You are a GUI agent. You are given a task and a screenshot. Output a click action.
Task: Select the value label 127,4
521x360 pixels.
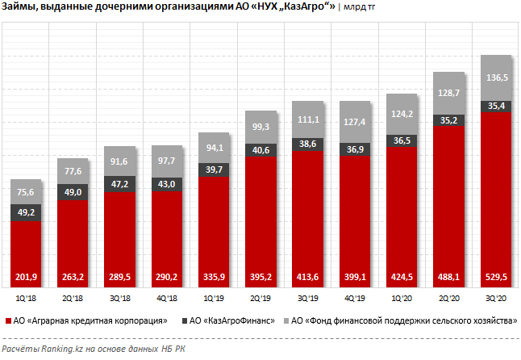click(354, 122)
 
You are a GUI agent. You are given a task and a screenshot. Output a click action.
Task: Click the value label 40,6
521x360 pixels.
click(260, 150)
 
